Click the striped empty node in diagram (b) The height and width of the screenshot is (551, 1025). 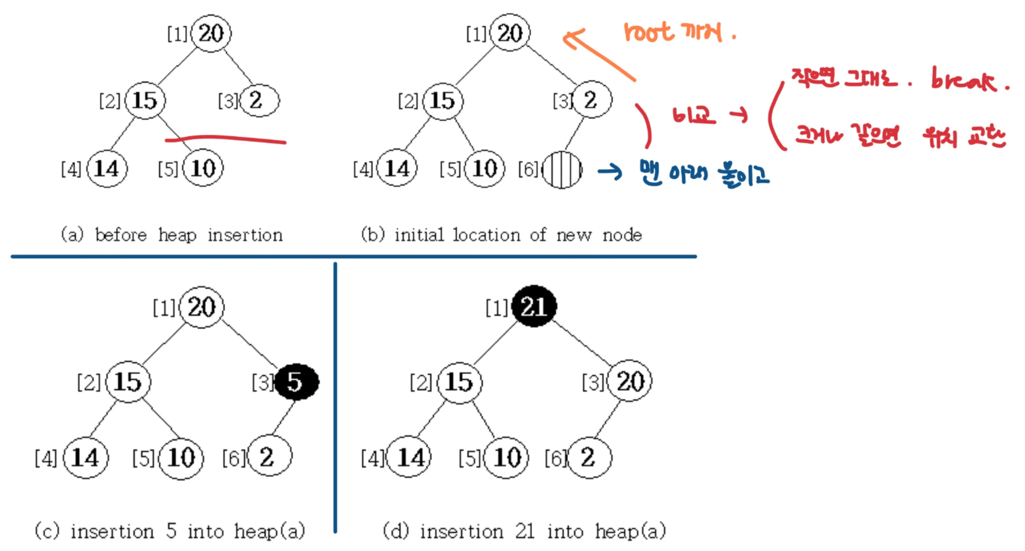coord(562,170)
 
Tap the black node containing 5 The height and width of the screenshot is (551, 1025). coord(296,381)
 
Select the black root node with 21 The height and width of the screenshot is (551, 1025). coord(534,307)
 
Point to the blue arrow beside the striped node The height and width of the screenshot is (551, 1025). coord(610,171)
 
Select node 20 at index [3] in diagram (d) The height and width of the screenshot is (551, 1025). coord(630,381)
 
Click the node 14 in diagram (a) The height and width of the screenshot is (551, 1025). coord(107,168)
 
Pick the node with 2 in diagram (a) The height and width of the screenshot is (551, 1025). coord(259,100)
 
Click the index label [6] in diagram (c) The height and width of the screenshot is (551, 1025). coord(233,458)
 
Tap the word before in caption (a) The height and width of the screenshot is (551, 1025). coord(120,235)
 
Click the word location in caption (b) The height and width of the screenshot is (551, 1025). coord(486,235)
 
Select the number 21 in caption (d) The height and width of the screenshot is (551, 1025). coord(524,532)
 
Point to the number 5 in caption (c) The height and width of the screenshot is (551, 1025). coord(171,531)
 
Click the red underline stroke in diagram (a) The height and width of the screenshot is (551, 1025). coord(225,139)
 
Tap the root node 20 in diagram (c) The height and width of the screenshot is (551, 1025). coord(201,307)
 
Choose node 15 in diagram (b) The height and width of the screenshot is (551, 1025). coord(443,101)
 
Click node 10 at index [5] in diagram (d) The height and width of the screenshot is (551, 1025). coord(506,458)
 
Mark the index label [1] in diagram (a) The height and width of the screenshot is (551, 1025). coord(177,34)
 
